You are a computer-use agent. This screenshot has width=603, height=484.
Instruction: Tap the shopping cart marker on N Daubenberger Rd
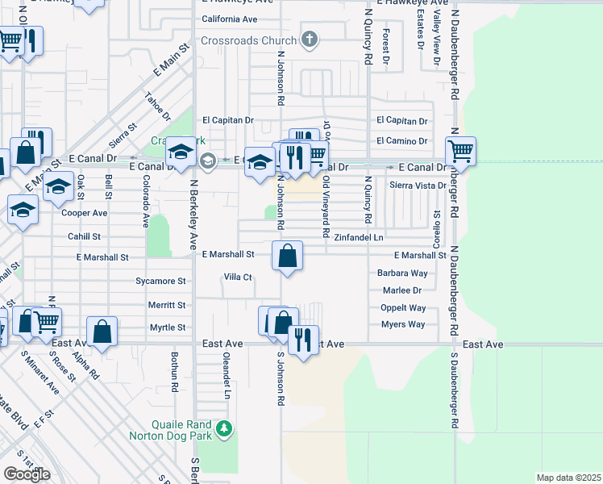click(x=460, y=151)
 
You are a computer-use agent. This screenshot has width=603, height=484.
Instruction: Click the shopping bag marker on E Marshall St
click(x=287, y=256)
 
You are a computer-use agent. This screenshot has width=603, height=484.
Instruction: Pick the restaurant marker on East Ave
click(x=303, y=339)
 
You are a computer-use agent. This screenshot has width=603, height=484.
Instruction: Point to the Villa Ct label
click(x=239, y=277)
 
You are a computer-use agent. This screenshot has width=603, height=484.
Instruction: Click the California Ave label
click(x=229, y=19)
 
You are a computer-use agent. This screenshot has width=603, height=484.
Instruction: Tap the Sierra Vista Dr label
click(x=418, y=185)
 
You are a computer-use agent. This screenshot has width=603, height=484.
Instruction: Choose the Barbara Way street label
click(x=402, y=273)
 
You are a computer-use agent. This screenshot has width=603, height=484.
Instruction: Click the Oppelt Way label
click(x=403, y=308)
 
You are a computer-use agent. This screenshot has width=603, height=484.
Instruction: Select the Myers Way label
click(x=403, y=324)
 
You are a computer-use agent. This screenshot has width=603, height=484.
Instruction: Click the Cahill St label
click(x=85, y=237)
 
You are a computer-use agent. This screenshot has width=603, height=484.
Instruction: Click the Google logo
click(x=27, y=474)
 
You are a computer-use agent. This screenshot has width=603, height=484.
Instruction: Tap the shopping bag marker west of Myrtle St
click(x=102, y=331)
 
